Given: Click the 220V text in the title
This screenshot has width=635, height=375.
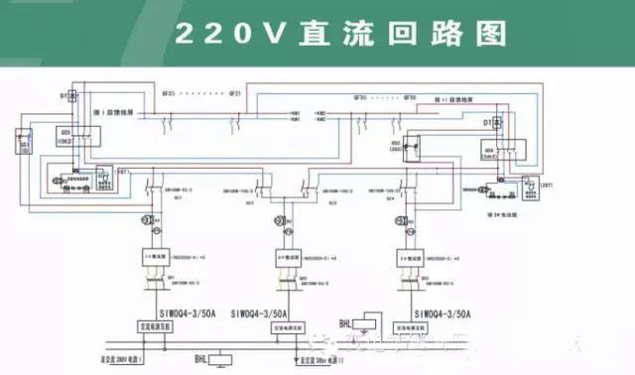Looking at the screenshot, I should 219,33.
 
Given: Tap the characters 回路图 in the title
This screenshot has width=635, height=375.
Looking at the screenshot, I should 456,33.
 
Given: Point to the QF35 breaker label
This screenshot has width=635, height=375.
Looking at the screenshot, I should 166,95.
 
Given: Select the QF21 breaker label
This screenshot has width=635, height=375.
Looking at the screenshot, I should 235,95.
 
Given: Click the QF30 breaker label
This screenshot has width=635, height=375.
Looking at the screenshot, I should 361,98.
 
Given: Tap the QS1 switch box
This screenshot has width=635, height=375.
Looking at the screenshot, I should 27,146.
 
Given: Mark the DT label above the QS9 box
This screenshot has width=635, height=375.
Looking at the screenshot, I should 487,122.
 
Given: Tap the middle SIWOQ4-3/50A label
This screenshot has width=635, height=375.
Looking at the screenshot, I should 260,313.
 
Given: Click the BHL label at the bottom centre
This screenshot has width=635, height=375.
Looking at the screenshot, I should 201,355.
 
